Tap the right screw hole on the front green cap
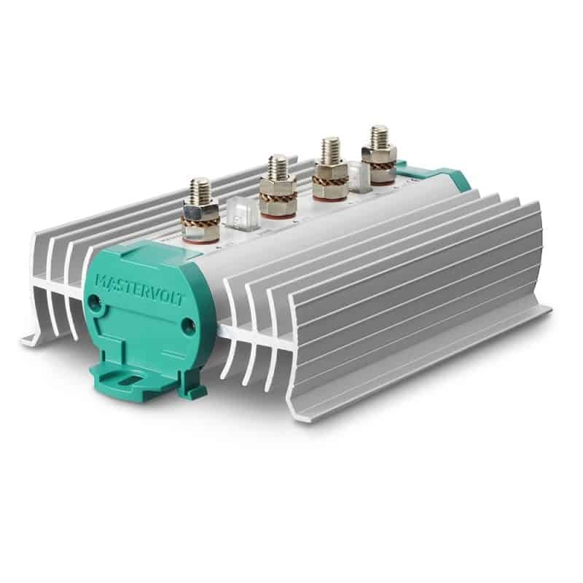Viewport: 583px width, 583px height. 185,321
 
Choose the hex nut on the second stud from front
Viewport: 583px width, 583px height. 277,187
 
